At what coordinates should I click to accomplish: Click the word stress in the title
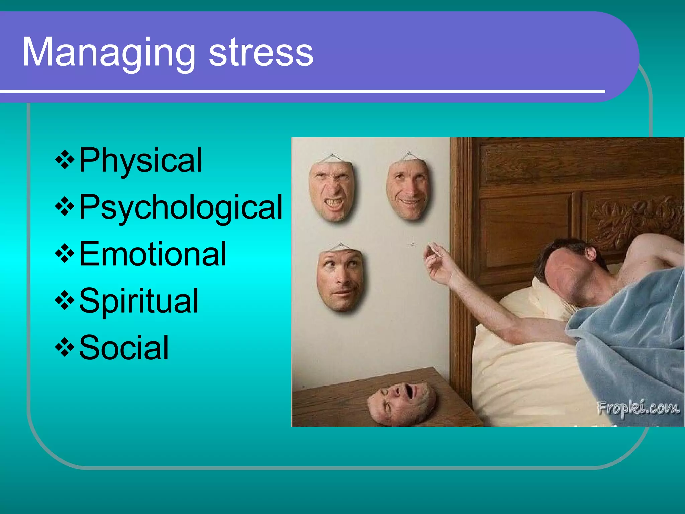pos(261,53)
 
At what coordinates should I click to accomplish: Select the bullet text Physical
pos(140,161)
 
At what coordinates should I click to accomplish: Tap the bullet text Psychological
pos(181,207)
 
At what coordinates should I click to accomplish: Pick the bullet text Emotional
pos(153,254)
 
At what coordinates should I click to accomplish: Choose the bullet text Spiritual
pos(139,301)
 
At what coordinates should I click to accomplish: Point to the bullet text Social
pos(124,348)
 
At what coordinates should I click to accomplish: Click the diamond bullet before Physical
pos(65,160)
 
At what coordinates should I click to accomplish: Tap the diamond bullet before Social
pos(65,347)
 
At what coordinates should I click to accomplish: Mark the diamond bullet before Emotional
pos(65,253)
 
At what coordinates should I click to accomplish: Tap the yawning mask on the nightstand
pos(401,403)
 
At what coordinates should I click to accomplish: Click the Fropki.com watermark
pos(638,408)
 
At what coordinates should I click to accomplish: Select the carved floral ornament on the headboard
pos(635,218)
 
